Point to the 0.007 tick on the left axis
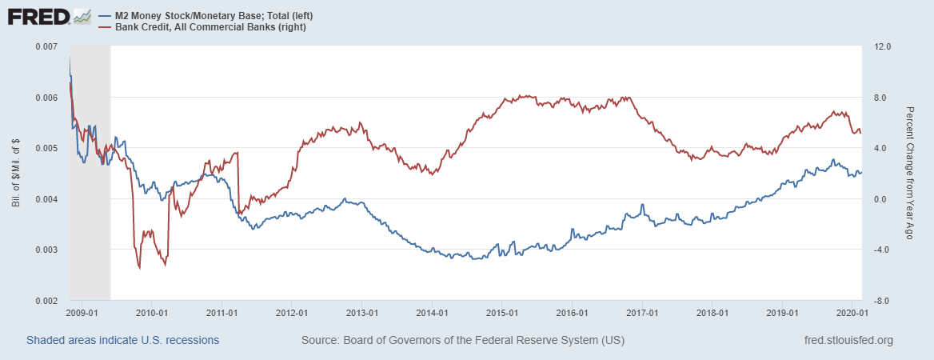(47, 46)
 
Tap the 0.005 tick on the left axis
(47, 148)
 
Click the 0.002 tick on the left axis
(47, 301)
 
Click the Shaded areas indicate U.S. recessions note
(122, 341)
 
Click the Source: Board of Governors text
(462, 341)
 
